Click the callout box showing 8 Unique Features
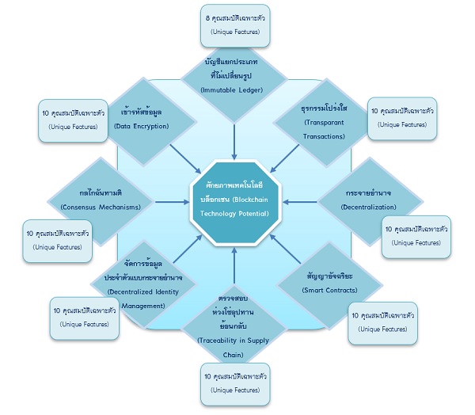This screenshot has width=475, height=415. click(x=234, y=24)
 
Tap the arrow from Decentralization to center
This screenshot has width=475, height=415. click(x=297, y=202)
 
